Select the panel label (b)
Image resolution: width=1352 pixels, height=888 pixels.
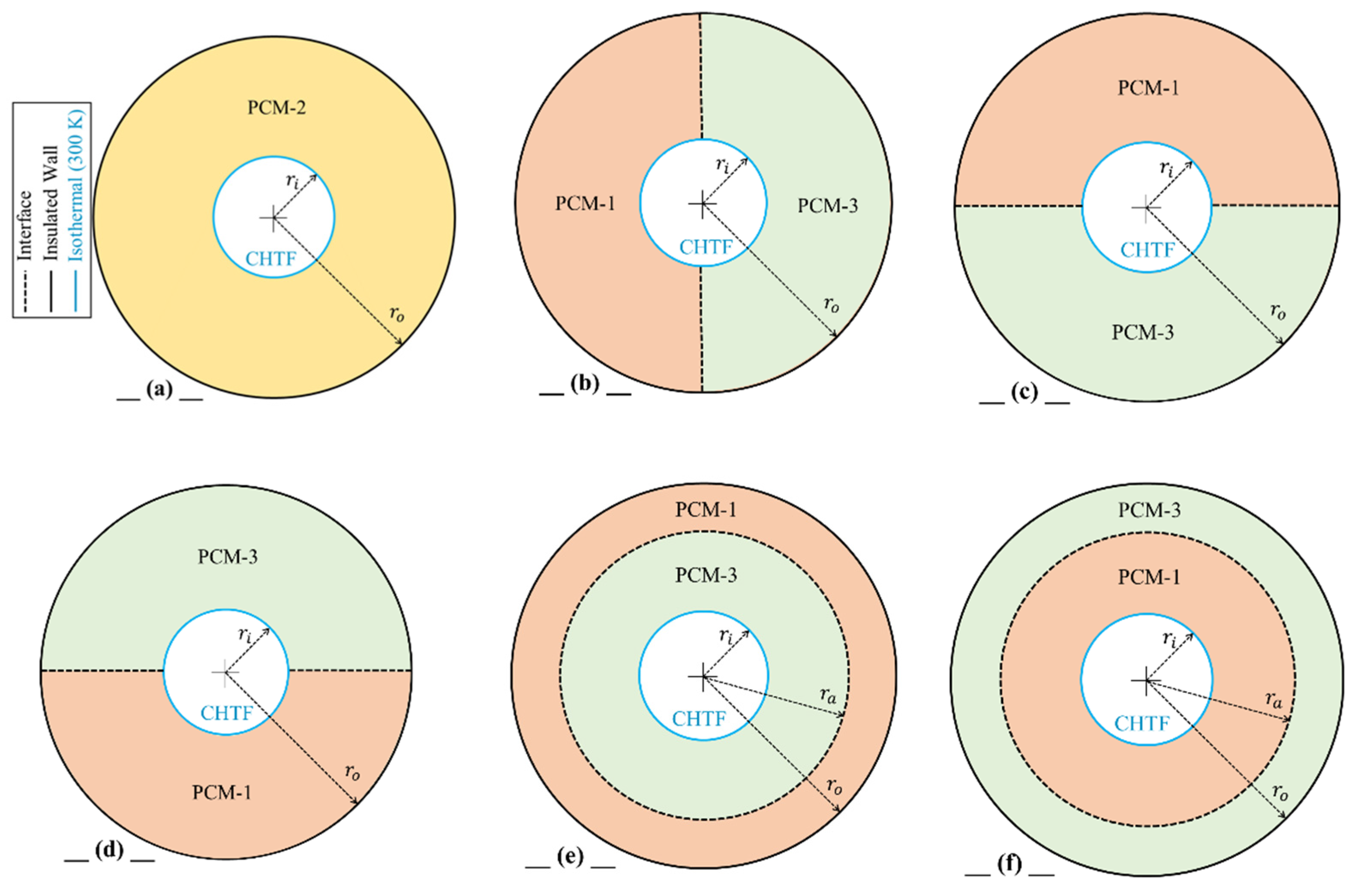(x=585, y=385)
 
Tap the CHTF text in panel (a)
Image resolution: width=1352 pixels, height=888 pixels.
(x=270, y=259)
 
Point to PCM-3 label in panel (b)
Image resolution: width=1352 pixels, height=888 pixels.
(x=827, y=206)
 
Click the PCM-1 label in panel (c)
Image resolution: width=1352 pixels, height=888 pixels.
(x=1148, y=89)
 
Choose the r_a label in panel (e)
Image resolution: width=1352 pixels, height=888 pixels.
(x=828, y=694)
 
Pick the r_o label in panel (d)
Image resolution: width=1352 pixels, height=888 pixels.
(x=352, y=773)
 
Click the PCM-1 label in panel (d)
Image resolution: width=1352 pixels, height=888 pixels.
(x=222, y=792)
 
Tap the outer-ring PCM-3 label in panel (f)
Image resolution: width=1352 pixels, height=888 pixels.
(x=1149, y=510)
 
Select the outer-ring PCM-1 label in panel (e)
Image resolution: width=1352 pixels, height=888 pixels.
(x=706, y=510)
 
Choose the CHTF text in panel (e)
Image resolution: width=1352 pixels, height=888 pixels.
(x=699, y=719)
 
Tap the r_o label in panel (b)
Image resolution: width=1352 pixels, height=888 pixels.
(x=831, y=304)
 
